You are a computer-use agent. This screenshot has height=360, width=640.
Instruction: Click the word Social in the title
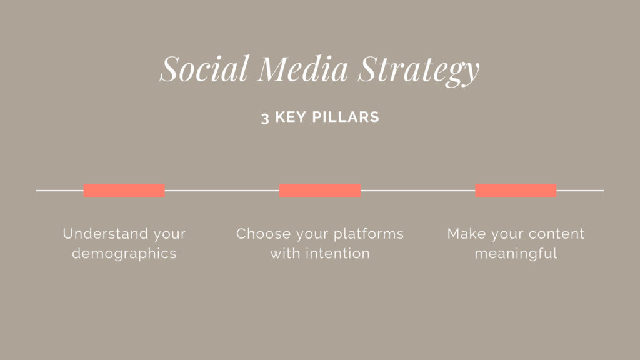click(x=204, y=68)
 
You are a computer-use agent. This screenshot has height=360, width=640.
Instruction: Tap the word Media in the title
click(x=302, y=68)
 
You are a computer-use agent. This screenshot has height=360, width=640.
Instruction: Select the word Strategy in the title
click(x=418, y=70)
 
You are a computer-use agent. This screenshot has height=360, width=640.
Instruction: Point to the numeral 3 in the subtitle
click(x=265, y=118)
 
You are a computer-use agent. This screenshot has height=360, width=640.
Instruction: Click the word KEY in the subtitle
click(x=291, y=117)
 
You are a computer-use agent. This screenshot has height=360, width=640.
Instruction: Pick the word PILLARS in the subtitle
click(x=346, y=117)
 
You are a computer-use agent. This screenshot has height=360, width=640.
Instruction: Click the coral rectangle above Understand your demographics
click(x=124, y=191)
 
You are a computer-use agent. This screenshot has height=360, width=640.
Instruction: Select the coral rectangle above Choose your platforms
click(x=320, y=191)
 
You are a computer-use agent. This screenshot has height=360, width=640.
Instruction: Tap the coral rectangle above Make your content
click(x=516, y=191)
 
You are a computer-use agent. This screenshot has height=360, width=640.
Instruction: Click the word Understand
click(x=106, y=234)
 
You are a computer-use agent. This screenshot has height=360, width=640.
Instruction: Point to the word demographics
click(x=124, y=254)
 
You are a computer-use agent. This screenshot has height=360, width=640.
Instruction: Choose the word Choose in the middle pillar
click(x=263, y=234)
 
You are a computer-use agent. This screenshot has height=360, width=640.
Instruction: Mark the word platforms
click(x=369, y=234)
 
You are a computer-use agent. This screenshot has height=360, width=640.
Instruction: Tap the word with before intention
click(x=285, y=254)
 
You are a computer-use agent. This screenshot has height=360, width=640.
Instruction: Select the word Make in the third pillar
click(x=466, y=234)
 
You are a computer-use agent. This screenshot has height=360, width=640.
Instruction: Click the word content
click(x=558, y=234)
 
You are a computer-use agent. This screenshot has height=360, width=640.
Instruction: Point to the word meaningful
click(x=516, y=254)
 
